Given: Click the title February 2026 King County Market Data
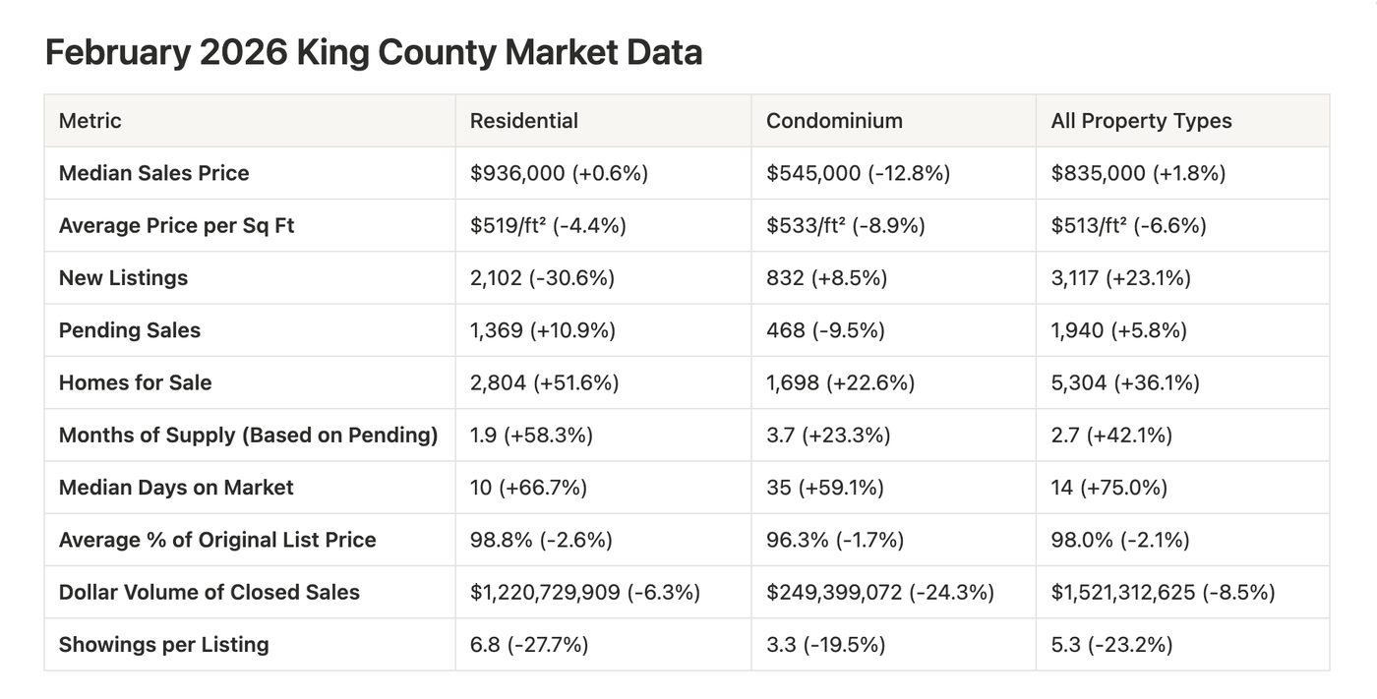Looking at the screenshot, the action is (x=374, y=52).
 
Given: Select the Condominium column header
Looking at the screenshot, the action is (x=834, y=121).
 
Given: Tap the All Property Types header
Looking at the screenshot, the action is (x=1142, y=121).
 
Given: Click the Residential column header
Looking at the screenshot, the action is (x=523, y=121).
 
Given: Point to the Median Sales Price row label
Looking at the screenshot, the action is (x=153, y=173).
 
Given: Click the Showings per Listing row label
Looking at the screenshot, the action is (x=164, y=645).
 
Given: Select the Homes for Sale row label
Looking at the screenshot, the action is (x=136, y=382).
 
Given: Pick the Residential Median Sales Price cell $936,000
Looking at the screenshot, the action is (x=559, y=173).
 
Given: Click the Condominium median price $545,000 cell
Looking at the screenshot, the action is (x=858, y=173).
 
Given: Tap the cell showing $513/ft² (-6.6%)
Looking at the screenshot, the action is (x=1129, y=225).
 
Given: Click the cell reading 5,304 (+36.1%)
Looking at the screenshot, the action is (x=1125, y=382).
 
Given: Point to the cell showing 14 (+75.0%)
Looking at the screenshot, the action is (x=1109, y=488).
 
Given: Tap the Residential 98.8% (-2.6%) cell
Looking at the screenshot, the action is (x=541, y=540).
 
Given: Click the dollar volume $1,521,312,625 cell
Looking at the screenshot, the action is (x=1163, y=592).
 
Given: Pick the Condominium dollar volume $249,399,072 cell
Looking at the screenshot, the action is (x=879, y=592).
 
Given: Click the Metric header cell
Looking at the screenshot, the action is (x=90, y=121).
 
